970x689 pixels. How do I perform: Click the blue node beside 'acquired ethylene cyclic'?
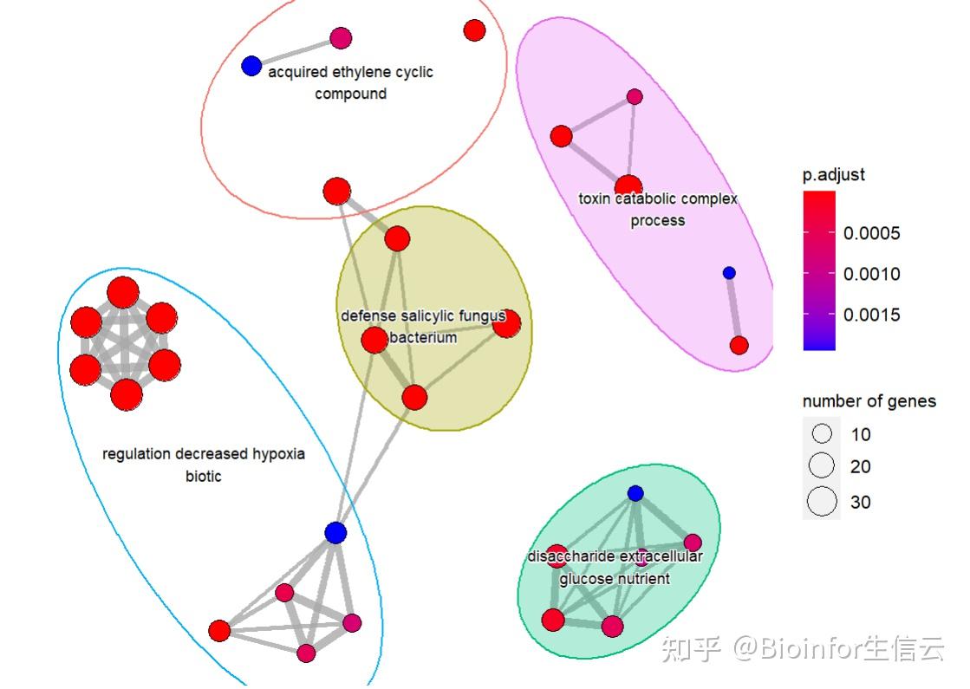coord(251,66)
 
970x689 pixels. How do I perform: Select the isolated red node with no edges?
coord(474,30)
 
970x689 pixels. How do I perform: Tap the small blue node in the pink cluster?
coord(729,273)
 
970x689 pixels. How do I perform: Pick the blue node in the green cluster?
coord(635,493)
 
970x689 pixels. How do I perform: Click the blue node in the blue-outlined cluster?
coord(335,532)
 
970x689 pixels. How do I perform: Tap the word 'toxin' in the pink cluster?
coord(596,198)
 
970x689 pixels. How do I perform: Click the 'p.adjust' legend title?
coord(833,174)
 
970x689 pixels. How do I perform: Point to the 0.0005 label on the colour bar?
coord(872,233)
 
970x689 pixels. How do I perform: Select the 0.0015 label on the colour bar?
coord(872,315)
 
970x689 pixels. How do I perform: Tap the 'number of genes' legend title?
coord(869,401)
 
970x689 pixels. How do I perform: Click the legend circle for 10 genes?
coord(822,433)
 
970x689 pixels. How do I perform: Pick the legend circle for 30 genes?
coord(822,502)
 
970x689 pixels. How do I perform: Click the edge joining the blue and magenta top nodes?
coord(296,52)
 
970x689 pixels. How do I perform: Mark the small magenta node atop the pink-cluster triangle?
coord(635,96)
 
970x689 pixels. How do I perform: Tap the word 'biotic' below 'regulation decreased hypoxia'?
coord(204,476)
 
